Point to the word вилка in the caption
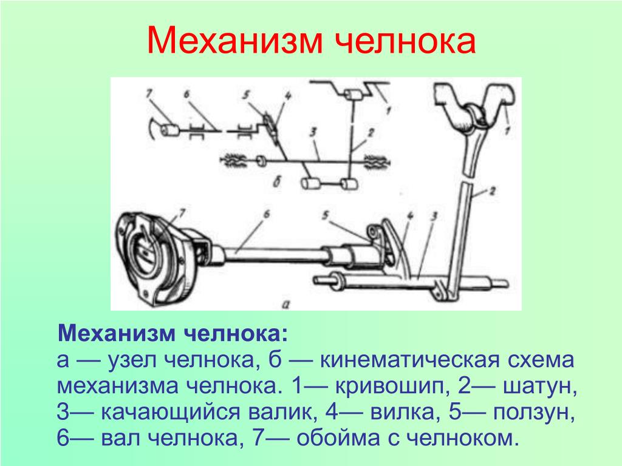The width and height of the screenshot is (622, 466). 403,413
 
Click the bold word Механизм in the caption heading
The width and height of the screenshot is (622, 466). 116,334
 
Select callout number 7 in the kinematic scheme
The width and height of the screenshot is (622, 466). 149,93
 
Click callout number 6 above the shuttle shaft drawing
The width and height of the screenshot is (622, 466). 267,214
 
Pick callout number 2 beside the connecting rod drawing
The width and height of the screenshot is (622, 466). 492,191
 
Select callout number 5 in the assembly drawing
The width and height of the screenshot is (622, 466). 326,215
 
